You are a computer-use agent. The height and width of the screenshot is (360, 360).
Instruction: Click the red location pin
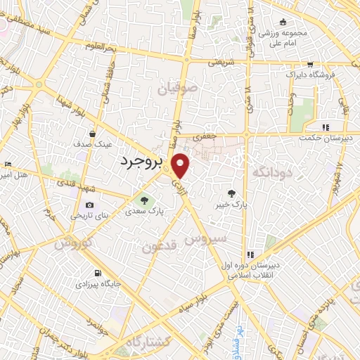(181, 165)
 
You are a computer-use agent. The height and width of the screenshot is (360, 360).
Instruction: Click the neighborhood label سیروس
(205, 239)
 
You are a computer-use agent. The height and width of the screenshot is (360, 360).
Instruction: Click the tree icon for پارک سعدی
(144, 199)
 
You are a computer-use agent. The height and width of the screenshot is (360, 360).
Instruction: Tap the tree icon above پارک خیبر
(231, 193)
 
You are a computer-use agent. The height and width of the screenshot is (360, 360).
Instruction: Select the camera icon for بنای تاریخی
(89, 205)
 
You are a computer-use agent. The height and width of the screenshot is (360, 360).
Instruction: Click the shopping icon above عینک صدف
(93, 132)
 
